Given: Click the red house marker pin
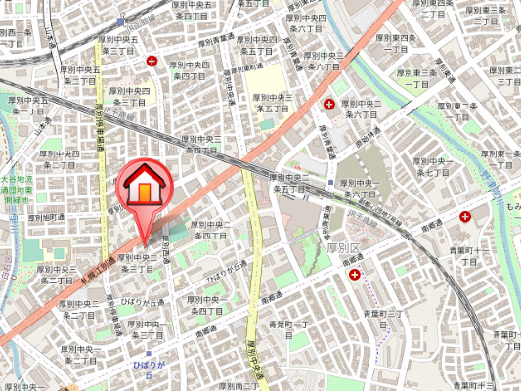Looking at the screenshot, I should click(x=143, y=187).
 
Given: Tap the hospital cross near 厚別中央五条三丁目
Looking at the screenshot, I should click(x=152, y=61).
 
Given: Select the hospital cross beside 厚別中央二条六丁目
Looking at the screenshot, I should click(x=328, y=104).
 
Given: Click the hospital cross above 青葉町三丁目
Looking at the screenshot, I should click(x=353, y=276).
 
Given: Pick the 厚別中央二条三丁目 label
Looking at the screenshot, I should click(x=136, y=263).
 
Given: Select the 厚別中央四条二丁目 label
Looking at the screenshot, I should click(x=58, y=159).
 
